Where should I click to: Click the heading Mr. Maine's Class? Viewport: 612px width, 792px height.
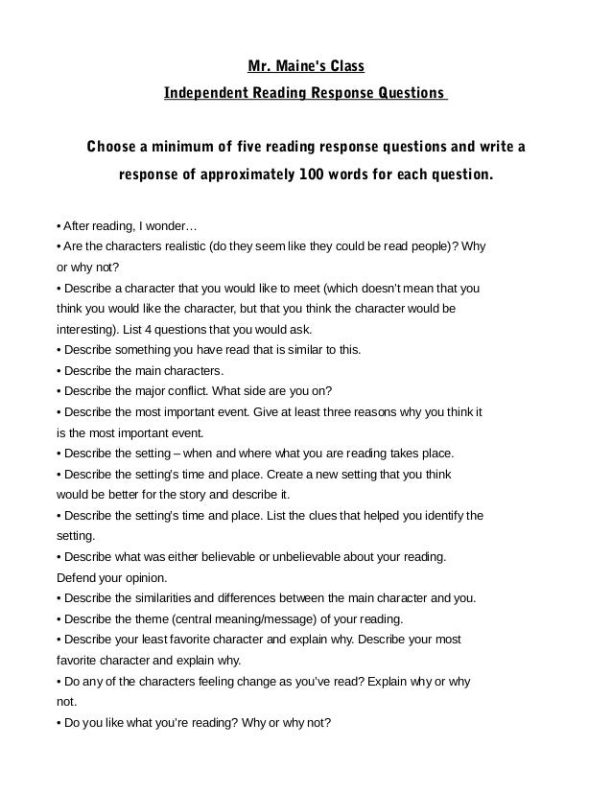click(305, 67)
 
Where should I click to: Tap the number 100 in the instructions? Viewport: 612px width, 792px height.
click(312, 176)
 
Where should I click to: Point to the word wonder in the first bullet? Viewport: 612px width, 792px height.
click(173, 227)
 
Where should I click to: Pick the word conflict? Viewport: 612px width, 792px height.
click(204, 391)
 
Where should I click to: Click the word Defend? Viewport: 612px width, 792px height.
click(76, 578)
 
